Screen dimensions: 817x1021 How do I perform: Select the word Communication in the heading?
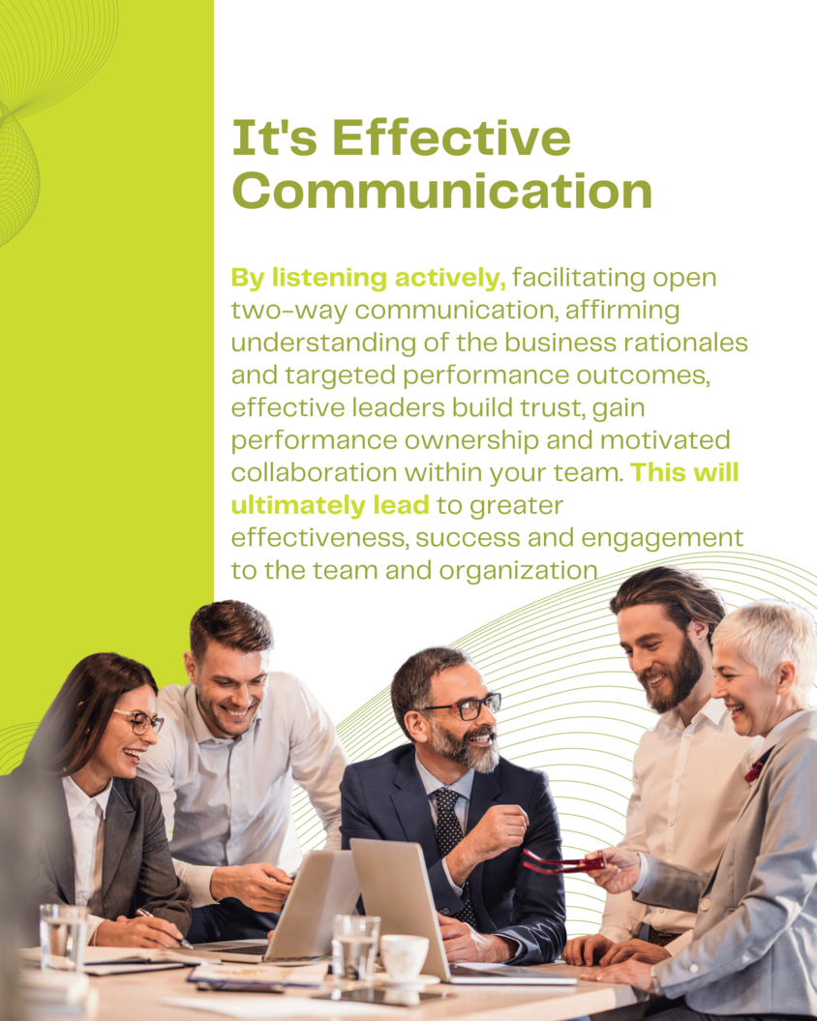[442, 191]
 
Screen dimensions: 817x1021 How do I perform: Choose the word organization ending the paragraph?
[518, 571]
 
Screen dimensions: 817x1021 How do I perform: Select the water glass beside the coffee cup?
[355, 950]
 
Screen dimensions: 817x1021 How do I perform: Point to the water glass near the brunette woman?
[63, 938]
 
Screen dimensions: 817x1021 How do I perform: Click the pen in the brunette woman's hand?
[164, 927]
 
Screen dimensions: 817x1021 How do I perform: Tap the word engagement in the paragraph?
[662, 539]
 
